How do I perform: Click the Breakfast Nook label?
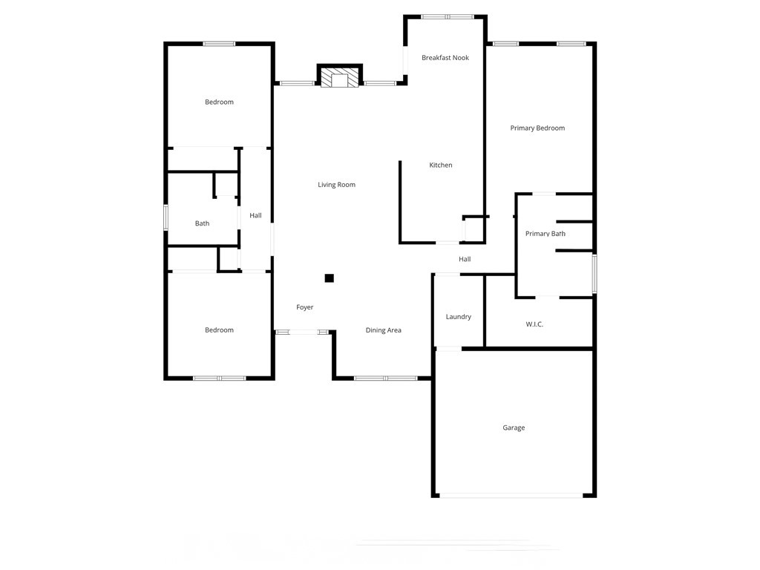[445, 58]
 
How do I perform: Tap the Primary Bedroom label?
[537, 128]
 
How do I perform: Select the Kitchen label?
[441, 166]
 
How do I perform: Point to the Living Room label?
[337, 185]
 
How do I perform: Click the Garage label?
[514, 428]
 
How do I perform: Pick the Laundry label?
[459, 317]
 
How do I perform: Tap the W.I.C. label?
[534, 324]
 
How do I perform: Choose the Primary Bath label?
[546, 234]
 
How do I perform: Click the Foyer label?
[305, 307]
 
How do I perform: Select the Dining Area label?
[384, 330]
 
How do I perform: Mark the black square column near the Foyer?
[330, 278]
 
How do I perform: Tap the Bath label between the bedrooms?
[202, 223]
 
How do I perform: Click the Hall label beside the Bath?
[255, 216]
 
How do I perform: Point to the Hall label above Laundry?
[465, 260]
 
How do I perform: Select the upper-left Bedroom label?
[219, 102]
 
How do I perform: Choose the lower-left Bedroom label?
[219, 330]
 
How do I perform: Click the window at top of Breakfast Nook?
[447, 16]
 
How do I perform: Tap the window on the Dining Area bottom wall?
[385, 379]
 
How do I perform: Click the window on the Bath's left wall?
[166, 218]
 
